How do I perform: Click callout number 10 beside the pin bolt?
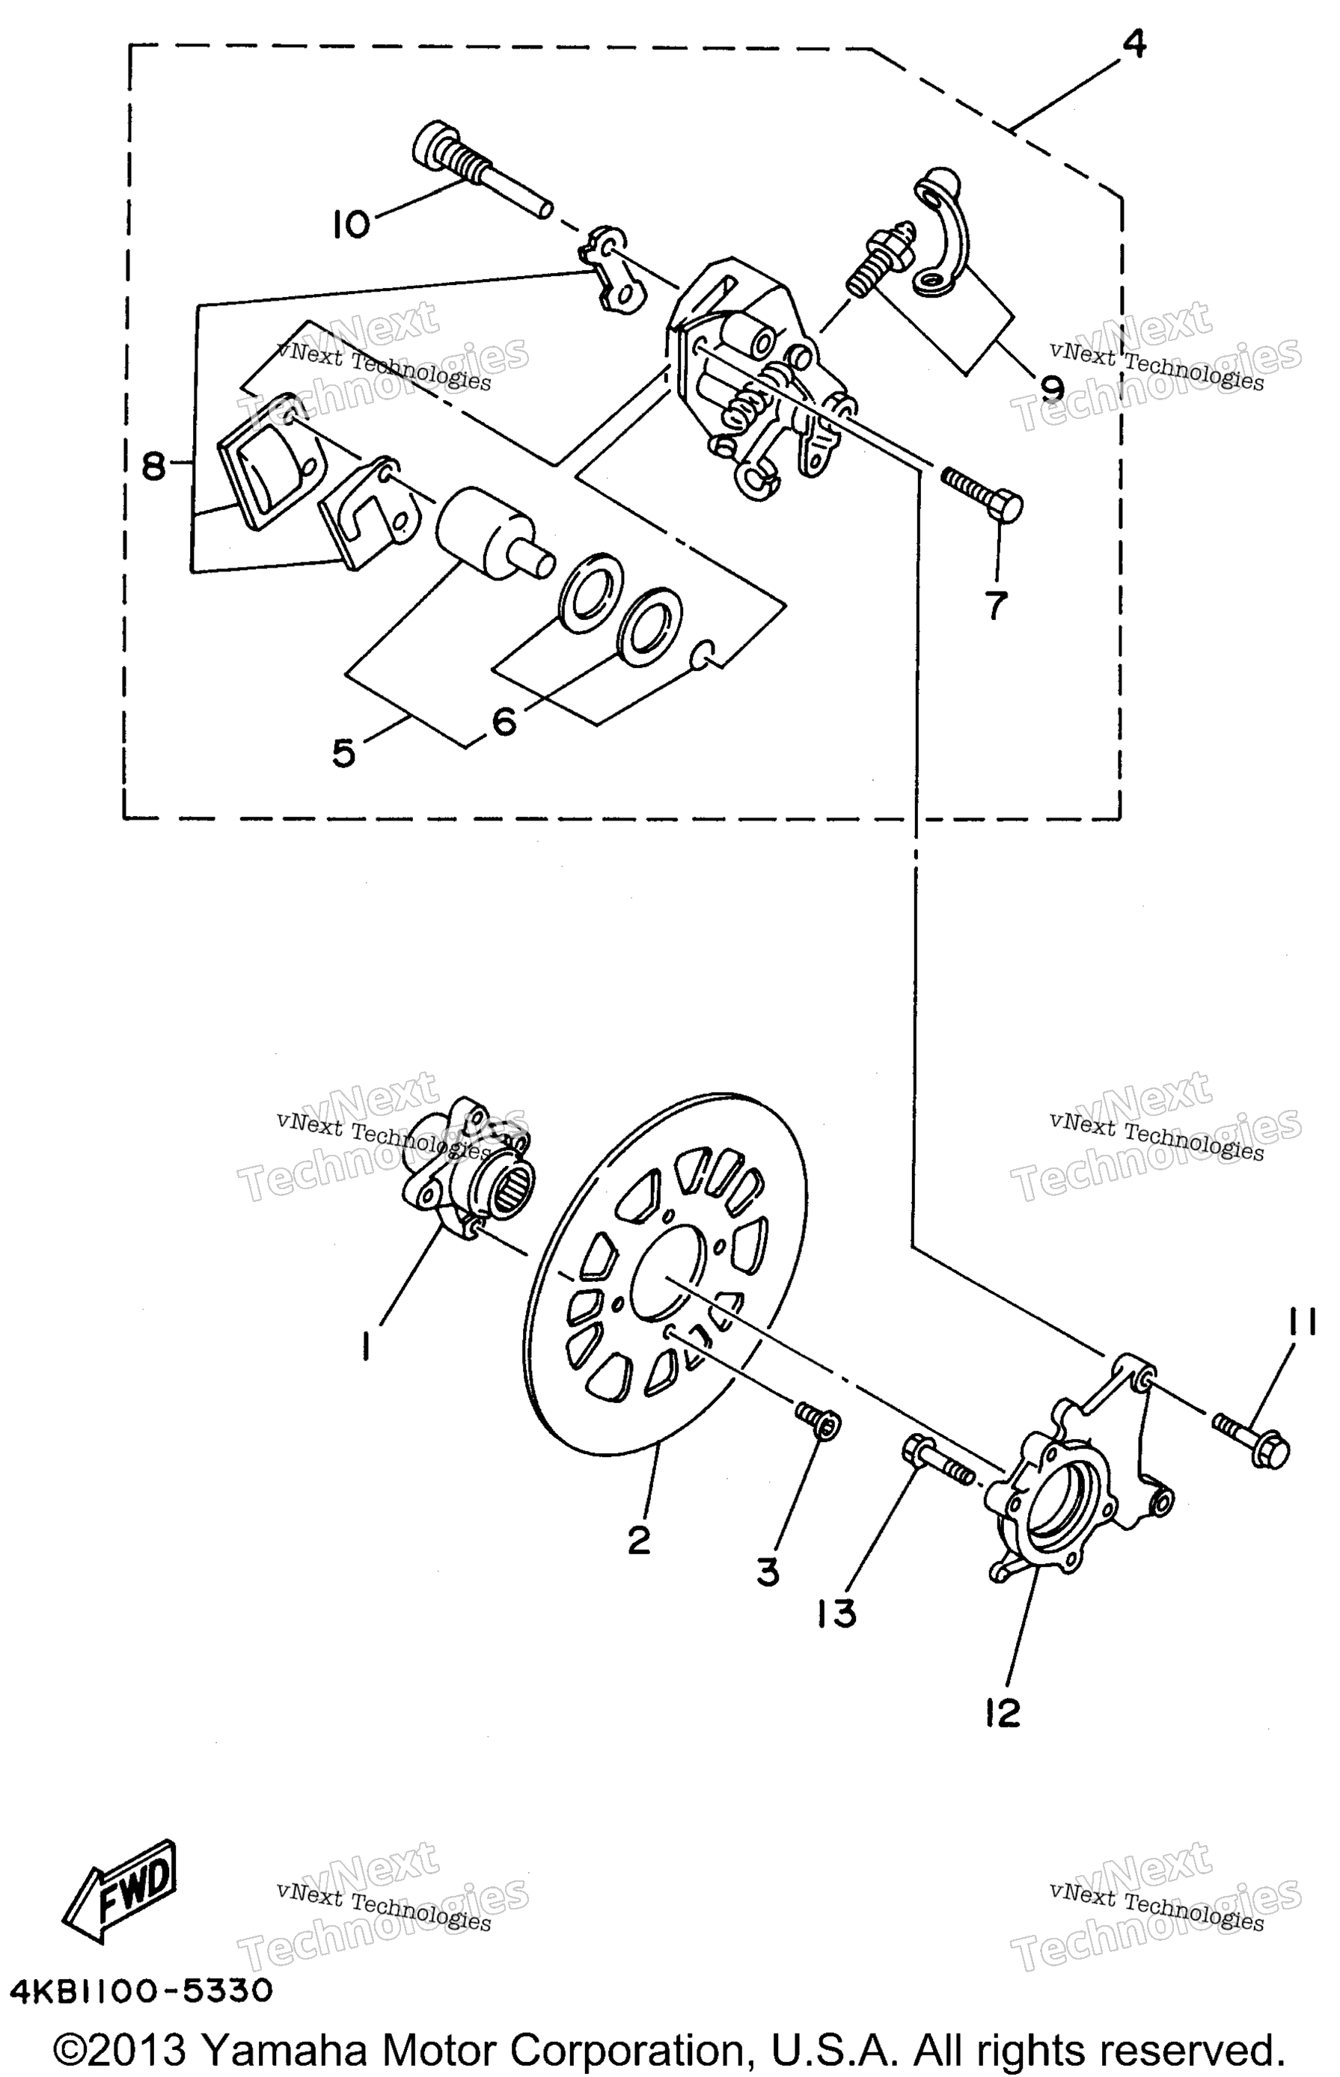click(351, 225)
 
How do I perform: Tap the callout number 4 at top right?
click(1134, 43)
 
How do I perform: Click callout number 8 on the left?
click(153, 467)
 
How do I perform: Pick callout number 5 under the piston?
click(343, 753)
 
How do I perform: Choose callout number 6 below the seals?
click(505, 721)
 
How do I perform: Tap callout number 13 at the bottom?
click(837, 1613)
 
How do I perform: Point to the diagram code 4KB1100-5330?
click(141, 1991)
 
